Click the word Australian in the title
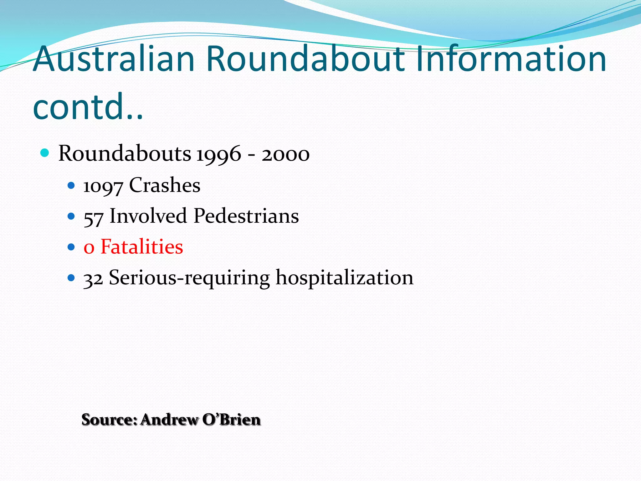tap(114, 59)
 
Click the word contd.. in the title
tap(88, 106)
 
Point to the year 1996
tap(219, 154)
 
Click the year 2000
tap(285, 154)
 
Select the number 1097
tap(103, 186)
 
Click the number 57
tap(93, 217)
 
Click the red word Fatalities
tap(141, 247)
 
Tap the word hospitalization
tap(344, 278)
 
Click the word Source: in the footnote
tap(110, 420)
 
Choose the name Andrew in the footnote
tap(169, 420)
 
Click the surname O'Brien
tap(231, 420)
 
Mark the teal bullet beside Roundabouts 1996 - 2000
tap(45, 153)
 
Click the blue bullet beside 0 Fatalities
tap(71, 247)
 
